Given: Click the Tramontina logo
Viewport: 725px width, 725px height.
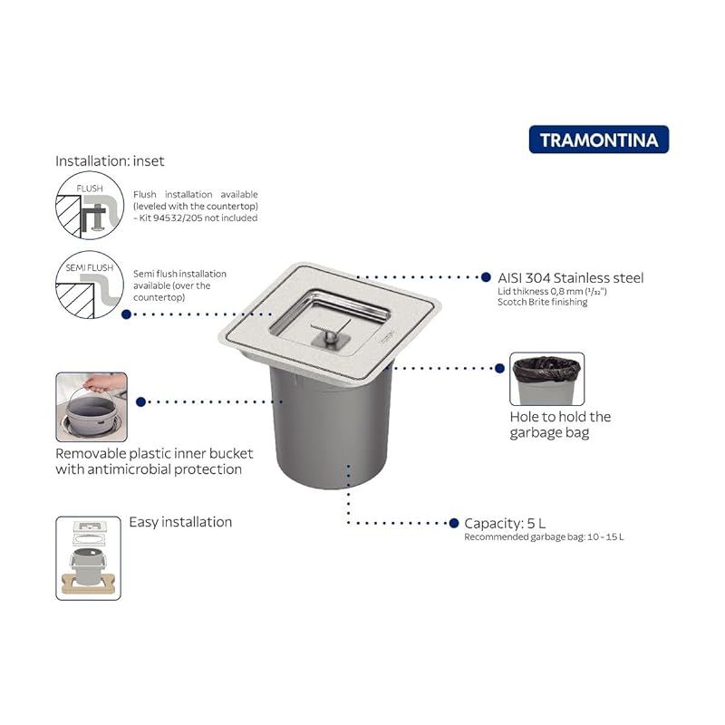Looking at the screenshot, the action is click(x=599, y=140).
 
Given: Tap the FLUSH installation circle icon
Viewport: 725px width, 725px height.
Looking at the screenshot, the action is click(x=90, y=205).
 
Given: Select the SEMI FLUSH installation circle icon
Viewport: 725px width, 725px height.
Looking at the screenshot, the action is click(x=90, y=285).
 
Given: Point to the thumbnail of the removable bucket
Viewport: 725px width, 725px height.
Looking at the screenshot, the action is click(x=92, y=407).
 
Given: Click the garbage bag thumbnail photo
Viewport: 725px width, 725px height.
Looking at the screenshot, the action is click(x=547, y=379).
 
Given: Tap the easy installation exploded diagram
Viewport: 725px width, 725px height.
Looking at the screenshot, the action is click(x=88, y=558).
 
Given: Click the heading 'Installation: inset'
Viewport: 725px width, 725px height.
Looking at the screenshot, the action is click(x=110, y=161).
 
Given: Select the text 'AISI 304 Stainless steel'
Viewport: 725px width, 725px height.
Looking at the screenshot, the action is click(x=571, y=278).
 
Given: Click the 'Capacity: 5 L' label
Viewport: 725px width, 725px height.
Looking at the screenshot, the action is click(x=505, y=524).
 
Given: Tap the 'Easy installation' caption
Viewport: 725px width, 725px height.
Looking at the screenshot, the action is click(x=180, y=522).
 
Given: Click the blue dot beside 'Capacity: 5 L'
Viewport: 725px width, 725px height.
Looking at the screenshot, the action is click(x=454, y=523).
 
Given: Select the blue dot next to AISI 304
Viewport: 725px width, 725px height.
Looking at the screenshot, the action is click(x=486, y=277).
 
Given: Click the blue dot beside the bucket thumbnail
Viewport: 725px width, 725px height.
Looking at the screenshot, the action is click(x=141, y=401).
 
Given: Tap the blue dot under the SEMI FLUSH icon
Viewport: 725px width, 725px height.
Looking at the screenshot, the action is click(x=126, y=314).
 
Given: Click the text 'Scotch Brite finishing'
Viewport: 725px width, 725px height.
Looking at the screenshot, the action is click(x=542, y=302).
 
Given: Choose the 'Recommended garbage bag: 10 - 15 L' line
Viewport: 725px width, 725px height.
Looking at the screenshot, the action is click(x=544, y=536).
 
